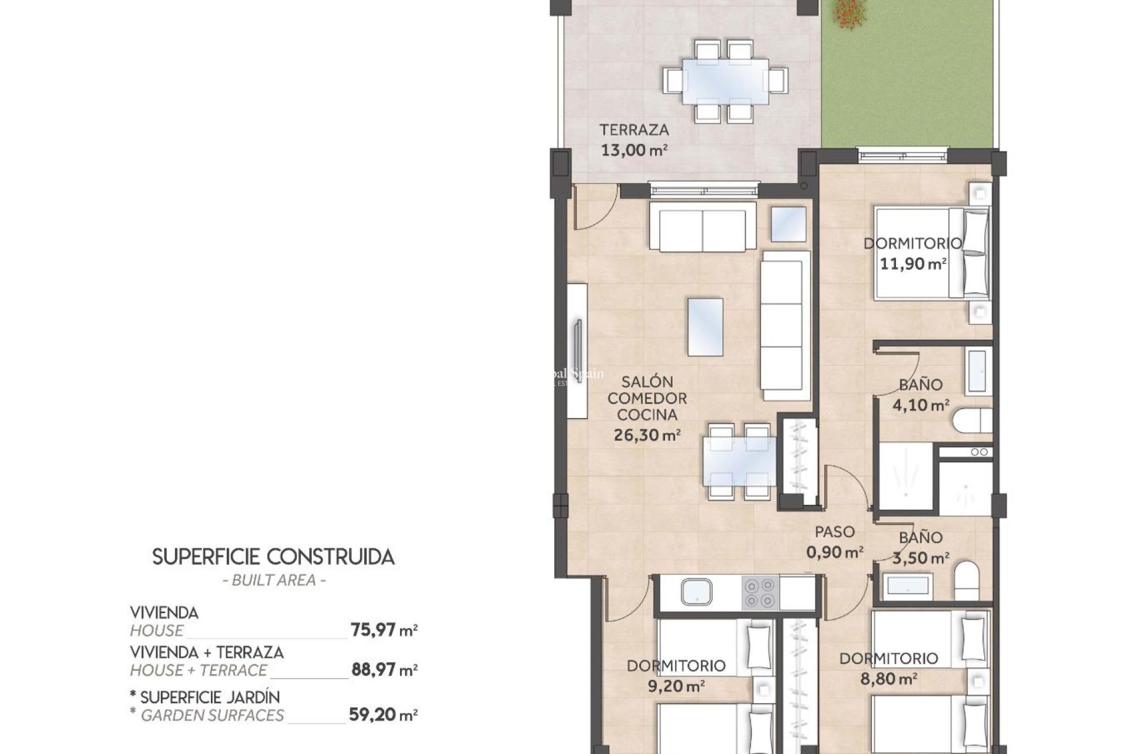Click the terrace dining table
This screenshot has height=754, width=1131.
pyautogui.click(x=725, y=81)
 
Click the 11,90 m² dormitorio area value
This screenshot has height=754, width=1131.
pyautogui.click(x=912, y=263)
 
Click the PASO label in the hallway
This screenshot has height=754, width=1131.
pyautogui.click(x=835, y=532)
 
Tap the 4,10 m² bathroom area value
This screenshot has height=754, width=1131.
pyautogui.click(x=921, y=405)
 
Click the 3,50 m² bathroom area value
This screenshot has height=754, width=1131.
pyautogui.click(x=920, y=558)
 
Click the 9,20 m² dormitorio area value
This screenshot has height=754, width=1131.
pyautogui.click(x=676, y=686)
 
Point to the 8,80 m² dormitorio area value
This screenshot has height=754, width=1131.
pyautogui.click(x=888, y=679)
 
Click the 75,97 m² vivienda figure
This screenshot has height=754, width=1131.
pyautogui.click(x=384, y=630)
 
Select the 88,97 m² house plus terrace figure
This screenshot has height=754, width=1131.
pyautogui.click(x=384, y=670)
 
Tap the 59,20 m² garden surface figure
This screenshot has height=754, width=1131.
pyautogui.click(x=383, y=715)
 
